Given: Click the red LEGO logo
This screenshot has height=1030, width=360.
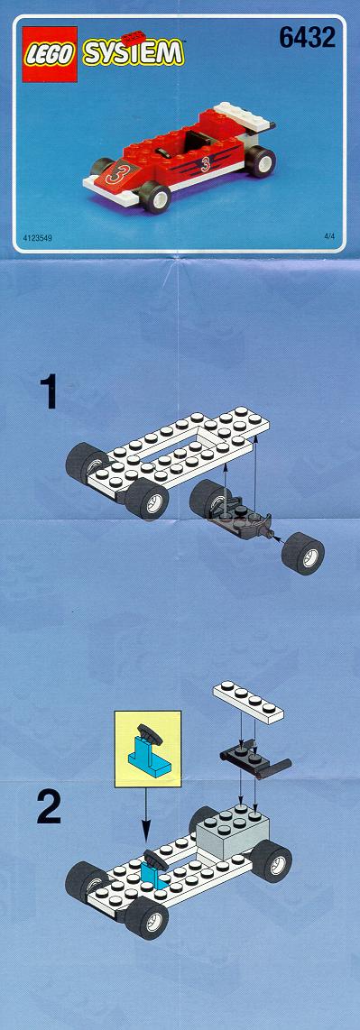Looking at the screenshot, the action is pos(50,54).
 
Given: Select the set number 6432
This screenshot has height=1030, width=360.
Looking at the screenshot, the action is pos(307,38).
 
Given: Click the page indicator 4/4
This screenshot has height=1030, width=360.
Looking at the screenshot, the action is pos(329,235).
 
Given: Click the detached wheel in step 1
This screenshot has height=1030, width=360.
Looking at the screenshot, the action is pos(302,553).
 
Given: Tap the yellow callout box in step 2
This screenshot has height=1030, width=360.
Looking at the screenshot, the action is pos(147,749).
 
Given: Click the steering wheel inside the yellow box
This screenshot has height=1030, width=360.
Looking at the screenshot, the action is pos(149,733).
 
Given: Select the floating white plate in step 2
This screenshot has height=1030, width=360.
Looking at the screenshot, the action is pos(248,702).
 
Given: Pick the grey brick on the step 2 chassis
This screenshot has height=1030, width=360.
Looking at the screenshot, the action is pos(233,830).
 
